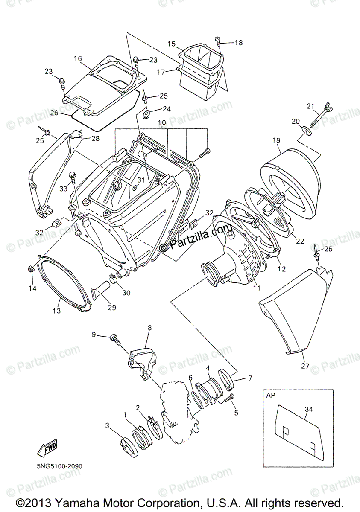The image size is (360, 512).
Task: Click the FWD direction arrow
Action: point(47,447)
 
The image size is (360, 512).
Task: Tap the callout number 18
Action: point(238,42)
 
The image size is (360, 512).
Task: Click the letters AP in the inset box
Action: point(271,396)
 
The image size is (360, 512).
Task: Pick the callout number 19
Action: point(276,140)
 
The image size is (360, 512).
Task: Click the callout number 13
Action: point(57,311)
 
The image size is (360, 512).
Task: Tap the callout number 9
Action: point(94,335)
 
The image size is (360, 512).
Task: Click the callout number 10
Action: point(161,122)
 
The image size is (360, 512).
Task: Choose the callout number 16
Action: point(78,58)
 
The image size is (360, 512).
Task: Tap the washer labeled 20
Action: point(306,129)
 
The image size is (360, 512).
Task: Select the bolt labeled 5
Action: point(231,398)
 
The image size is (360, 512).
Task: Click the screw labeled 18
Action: point(220,41)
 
